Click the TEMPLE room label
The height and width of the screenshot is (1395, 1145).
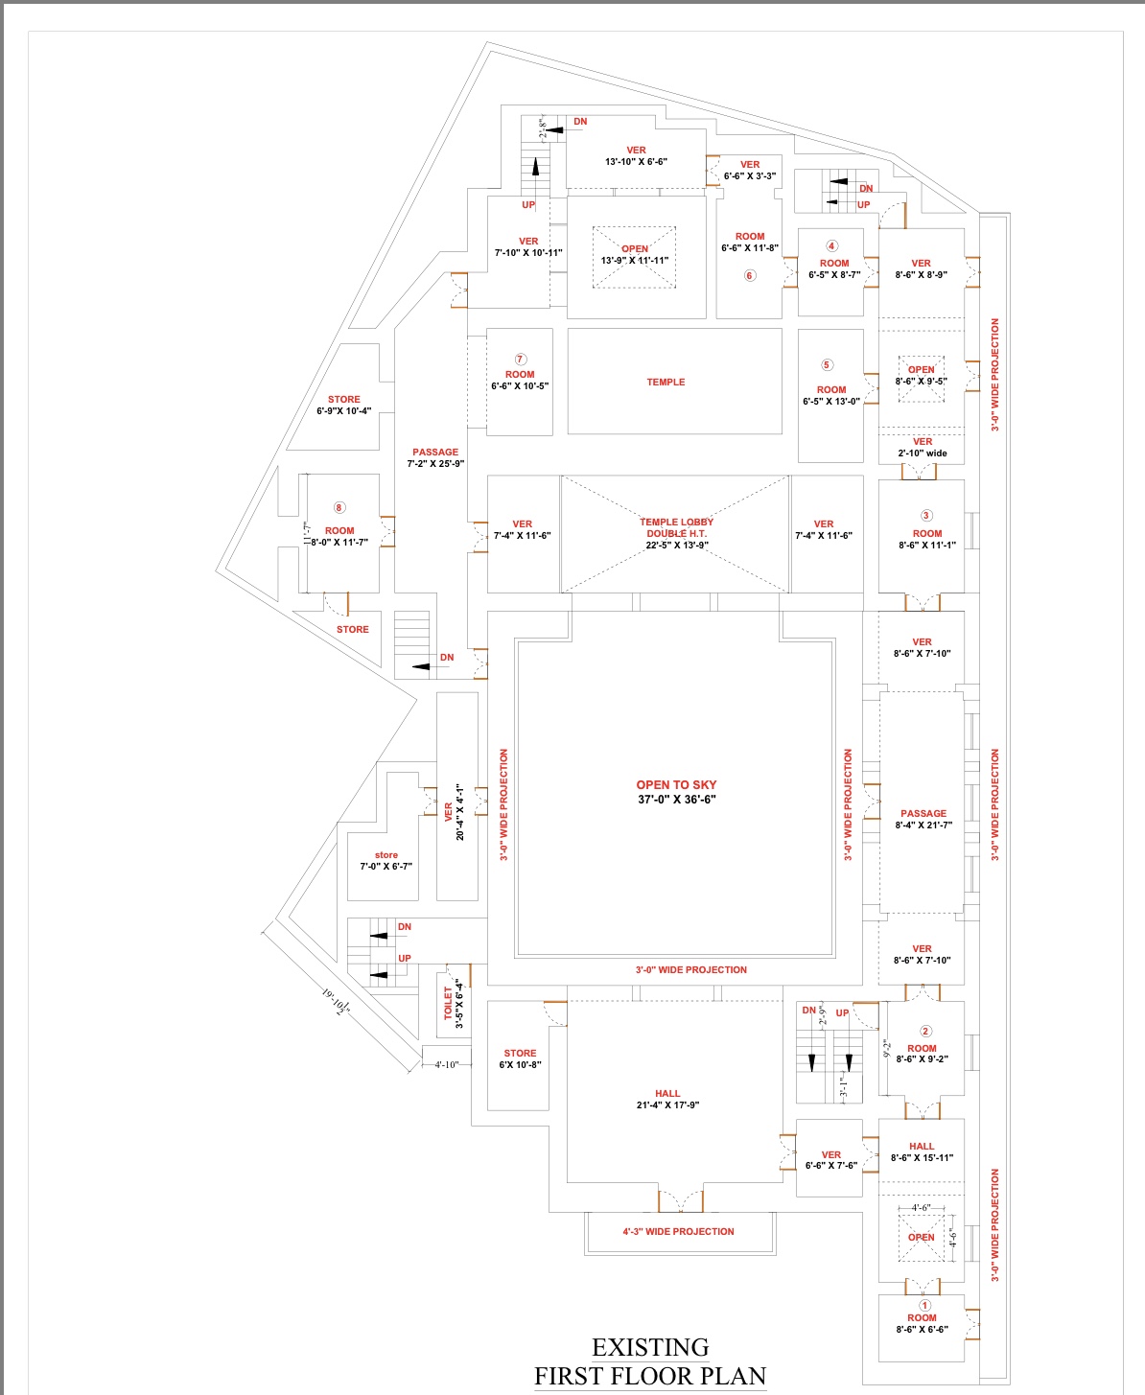666,382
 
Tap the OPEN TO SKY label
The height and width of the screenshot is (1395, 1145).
676,784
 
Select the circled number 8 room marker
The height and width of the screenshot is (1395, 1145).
339,507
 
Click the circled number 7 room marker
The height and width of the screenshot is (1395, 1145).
521,360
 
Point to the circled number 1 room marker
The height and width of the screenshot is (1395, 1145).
924,1305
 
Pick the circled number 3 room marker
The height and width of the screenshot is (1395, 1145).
926,516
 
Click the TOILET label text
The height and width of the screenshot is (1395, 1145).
448,1003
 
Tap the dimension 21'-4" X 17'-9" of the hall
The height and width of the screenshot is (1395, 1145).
667,1104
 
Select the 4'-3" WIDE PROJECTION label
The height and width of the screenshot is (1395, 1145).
678,1231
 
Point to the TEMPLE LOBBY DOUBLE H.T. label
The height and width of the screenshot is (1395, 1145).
676,527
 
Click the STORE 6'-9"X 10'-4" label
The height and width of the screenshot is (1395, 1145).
344,405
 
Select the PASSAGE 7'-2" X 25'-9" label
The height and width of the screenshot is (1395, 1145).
435,457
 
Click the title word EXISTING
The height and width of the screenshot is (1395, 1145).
650,1347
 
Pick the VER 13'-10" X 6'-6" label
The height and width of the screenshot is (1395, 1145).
636,155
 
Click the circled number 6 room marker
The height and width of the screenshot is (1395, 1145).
750,275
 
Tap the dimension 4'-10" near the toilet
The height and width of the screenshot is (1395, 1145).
447,1064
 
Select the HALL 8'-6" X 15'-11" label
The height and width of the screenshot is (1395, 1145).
922,1151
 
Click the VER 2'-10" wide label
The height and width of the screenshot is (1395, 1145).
923,447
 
